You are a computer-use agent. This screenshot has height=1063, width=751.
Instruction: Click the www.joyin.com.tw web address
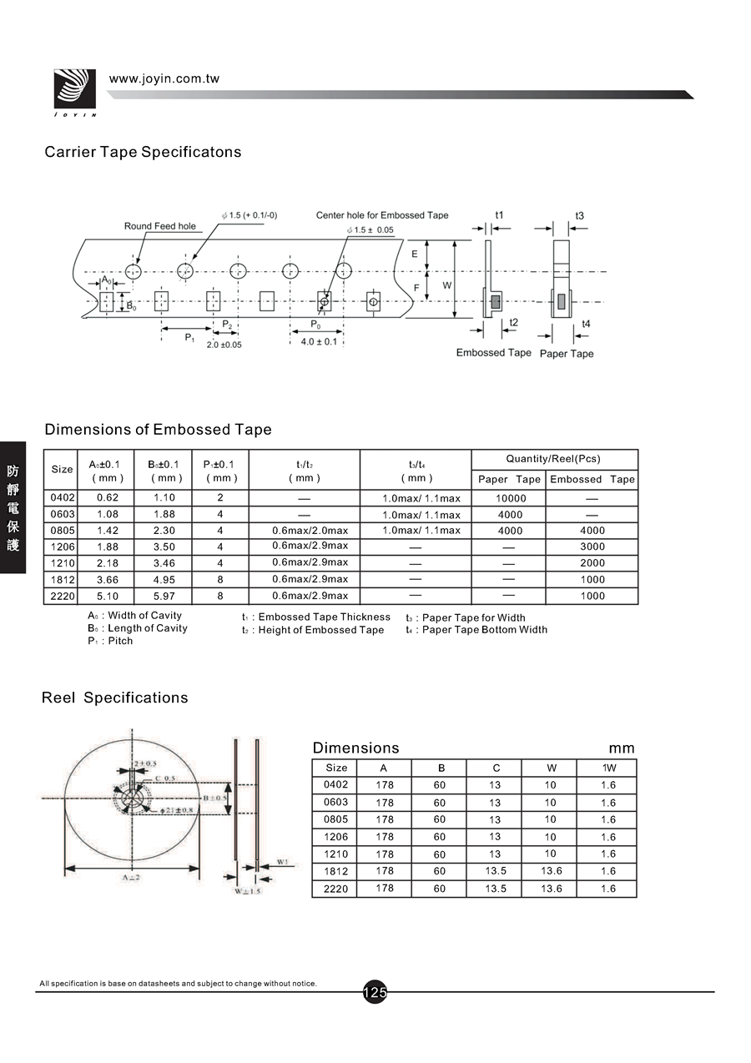click(164, 78)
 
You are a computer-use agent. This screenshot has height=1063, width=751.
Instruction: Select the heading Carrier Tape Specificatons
click(143, 152)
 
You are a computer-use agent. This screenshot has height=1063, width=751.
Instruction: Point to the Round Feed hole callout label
click(160, 226)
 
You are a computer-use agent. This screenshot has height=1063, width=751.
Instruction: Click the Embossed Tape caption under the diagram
click(493, 353)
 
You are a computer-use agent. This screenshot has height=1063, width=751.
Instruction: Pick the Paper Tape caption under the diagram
click(567, 354)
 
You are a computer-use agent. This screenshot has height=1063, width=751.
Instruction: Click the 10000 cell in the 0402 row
click(510, 498)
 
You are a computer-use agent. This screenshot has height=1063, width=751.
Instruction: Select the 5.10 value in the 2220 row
click(107, 597)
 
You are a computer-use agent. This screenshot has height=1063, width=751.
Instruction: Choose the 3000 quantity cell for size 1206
click(592, 547)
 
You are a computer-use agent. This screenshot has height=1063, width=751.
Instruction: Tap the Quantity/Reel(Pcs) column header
click(553, 459)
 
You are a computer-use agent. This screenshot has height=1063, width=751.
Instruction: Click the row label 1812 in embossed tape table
click(63, 580)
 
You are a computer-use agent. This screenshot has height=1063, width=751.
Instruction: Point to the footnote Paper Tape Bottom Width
click(484, 630)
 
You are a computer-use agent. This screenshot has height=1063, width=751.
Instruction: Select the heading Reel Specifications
click(115, 698)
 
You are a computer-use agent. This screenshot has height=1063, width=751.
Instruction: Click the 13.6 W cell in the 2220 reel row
click(551, 889)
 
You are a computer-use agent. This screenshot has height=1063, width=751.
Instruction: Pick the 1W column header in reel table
click(608, 768)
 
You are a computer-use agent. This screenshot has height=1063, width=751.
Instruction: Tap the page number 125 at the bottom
click(375, 992)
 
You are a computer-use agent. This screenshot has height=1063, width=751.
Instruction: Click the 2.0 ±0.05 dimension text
click(224, 345)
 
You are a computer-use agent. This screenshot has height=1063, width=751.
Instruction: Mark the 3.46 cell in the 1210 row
click(164, 563)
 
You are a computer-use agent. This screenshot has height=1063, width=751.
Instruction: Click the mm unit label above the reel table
click(622, 748)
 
